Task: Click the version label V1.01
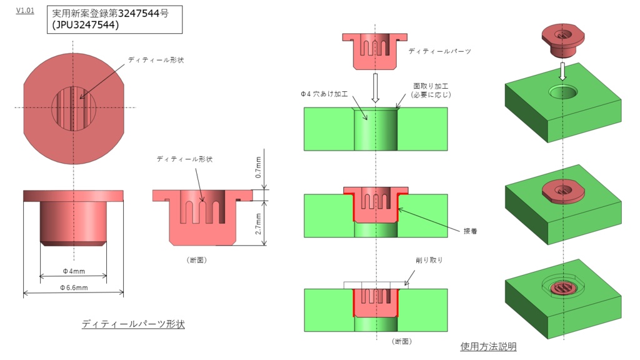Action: (x=25, y=11)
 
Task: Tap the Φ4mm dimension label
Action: (x=73, y=272)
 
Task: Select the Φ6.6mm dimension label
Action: (x=74, y=287)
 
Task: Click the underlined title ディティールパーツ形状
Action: (x=133, y=324)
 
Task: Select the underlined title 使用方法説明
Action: (x=488, y=346)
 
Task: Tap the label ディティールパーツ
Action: (x=439, y=51)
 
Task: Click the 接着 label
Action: (x=471, y=230)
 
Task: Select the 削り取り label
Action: (x=429, y=260)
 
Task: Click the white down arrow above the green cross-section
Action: (x=375, y=87)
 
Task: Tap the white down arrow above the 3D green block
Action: (x=562, y=70)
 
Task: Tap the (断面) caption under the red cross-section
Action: (x=197, y=259)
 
